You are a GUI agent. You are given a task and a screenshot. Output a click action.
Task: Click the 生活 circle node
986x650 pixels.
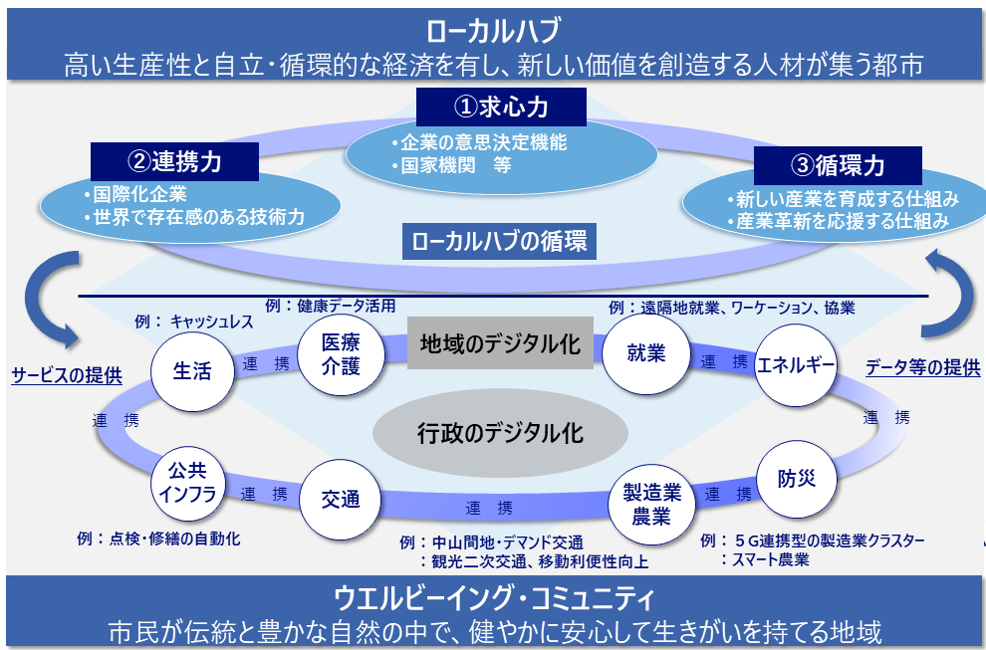[192, 371]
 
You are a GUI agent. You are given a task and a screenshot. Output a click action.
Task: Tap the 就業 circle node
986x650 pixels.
[645, 354]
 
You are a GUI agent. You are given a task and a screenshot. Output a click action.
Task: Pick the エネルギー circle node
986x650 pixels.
[795, 364]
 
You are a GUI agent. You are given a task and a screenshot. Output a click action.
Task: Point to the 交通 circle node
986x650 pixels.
[341, 499]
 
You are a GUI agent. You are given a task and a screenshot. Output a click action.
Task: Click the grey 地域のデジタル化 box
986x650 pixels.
[500, 343]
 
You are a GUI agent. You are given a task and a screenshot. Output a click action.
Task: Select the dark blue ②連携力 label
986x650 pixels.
[175, 160]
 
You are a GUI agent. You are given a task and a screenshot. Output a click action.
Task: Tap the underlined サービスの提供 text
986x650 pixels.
[67, 375]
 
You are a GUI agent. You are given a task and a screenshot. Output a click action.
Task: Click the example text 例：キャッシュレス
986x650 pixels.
[193, 322]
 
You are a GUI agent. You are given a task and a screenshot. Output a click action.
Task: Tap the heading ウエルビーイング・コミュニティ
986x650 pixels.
[494, 600]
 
